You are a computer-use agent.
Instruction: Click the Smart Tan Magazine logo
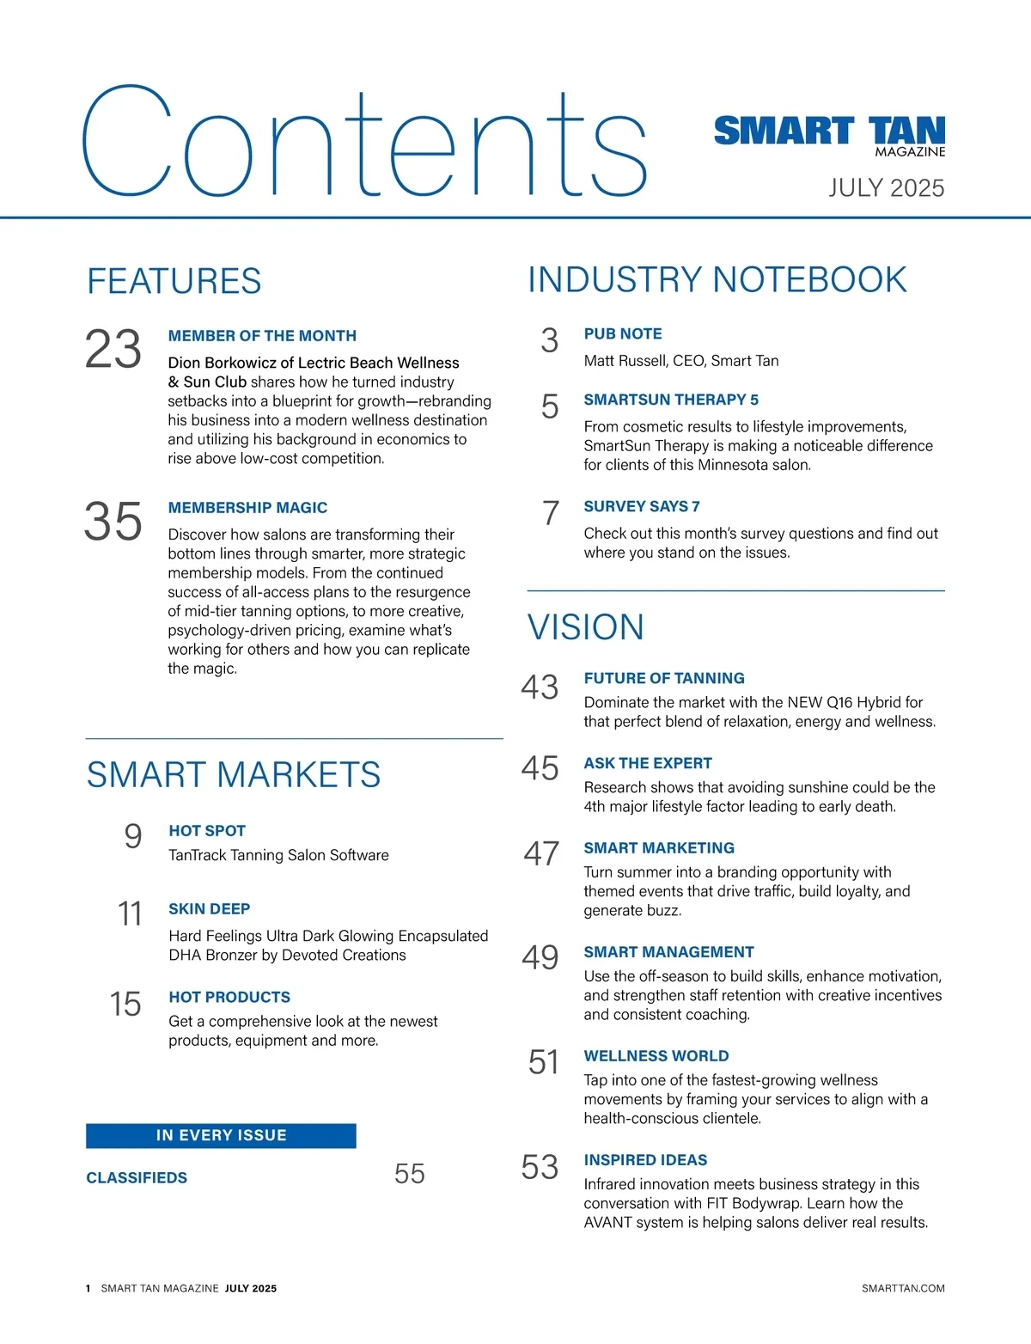coord(829,135)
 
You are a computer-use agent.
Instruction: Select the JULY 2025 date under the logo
coord(886,188)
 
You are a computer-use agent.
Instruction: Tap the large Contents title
coord(364,142)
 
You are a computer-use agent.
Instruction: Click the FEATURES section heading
coord(174,282)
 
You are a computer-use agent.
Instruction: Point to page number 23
coord(113,350)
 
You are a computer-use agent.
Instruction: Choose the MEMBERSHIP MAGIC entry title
coord(247,508)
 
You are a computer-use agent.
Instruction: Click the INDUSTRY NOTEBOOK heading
coord(717,280)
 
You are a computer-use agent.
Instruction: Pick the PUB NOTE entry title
coord(623,334)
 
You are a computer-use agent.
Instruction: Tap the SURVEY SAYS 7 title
coord(641,507)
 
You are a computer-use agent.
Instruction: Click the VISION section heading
coord(585,627)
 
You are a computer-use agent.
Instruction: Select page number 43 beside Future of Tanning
coord(540,687)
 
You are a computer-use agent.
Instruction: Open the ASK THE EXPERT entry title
coord(648,763)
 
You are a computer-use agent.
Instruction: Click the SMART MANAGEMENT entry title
coord(668,952)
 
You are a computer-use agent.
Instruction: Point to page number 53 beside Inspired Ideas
coord(540,1167)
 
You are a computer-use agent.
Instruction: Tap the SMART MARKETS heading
coord(234,775)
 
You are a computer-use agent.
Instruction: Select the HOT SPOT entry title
coord(207,831)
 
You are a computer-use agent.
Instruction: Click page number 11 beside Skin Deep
coord(130,913)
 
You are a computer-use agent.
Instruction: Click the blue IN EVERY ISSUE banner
coord(221,1135)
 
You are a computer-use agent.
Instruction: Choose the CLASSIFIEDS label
coord(137,1178)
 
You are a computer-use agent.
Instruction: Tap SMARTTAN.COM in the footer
coord(902,1288)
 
